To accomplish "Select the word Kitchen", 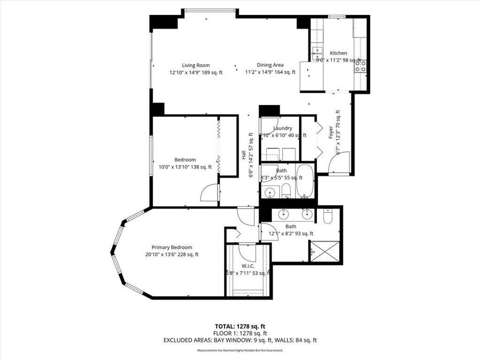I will pos(339,53).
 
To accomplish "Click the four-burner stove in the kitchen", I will pos(361,66).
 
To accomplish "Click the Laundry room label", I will pos(282,128).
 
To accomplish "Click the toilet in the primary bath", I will pos(328,216).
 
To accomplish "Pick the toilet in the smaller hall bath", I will pos(286,191).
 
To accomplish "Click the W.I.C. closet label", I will pos(247,266).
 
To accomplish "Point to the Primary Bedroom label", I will pos(172,247).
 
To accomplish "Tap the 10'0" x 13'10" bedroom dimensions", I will pos(185,167).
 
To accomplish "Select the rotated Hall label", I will pos(244,156).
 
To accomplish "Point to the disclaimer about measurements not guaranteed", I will pos(239,350).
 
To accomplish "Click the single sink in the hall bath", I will pos(270,192).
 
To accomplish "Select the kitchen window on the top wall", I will pos(337,17).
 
